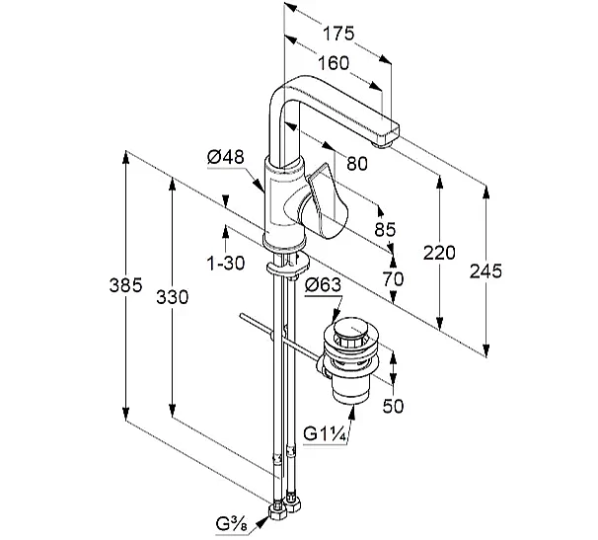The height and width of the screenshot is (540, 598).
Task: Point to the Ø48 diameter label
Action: (x=225, y=156)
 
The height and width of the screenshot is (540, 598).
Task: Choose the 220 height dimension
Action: (x=438, y=252)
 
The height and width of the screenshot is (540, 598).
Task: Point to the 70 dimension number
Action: (x=392, y=279)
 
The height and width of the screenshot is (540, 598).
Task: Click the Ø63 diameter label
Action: (x=324, y=286)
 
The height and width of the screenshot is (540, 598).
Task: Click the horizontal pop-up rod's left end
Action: (x=243, y=317)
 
